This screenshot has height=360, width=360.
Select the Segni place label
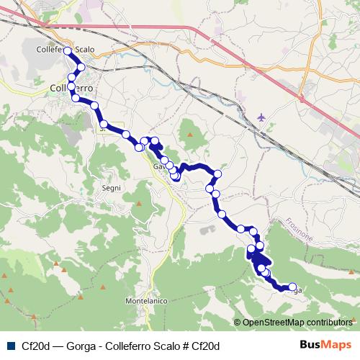[111, 188]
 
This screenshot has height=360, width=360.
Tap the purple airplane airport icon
[261, 115]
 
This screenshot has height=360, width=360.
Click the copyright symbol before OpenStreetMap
[238, 323]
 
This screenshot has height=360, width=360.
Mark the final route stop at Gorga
[292, 287]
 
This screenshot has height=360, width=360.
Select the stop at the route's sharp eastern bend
[217, 174]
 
